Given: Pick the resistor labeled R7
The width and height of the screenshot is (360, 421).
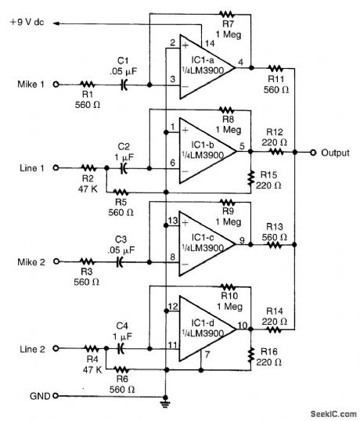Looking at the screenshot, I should [226, 14].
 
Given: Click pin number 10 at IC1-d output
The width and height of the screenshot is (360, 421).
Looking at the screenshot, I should [243, 324].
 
